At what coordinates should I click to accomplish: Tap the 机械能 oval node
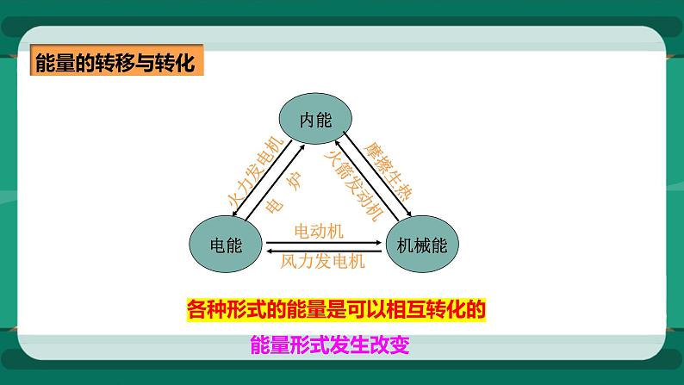coord(422,245)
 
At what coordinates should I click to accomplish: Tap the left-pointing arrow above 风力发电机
coord(324,251)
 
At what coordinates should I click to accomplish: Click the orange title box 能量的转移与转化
coord(115,64)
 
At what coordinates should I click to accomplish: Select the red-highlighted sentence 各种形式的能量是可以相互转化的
coord(343,308)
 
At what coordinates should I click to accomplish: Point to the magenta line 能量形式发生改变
coord(327,345)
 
